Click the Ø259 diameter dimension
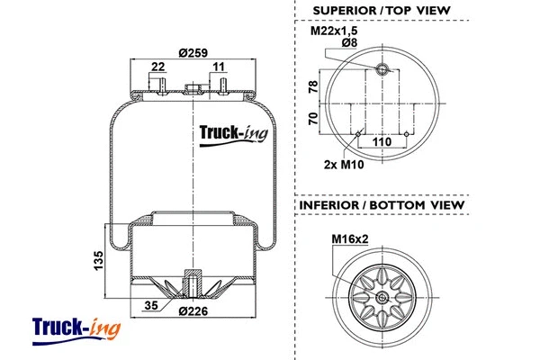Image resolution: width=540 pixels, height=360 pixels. tap(193, 52)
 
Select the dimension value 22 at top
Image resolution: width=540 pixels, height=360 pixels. tap(158, 67)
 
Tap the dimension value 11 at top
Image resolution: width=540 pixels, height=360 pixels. tap(219, 67)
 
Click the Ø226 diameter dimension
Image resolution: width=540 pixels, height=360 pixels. tap(193, 312)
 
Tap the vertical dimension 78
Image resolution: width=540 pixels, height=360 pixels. tap(313, 86)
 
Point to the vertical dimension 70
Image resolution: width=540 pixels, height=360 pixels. tap(313, 120)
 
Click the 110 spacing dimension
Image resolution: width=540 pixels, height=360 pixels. tap(382, 141)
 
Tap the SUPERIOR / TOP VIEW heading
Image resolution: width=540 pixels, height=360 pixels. tap(381, 11)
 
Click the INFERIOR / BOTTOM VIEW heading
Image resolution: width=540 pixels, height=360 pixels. tap(381, 205)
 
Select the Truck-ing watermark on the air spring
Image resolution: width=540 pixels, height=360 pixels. tap(230, 135)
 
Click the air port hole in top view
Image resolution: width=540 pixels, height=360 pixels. tap(382, 70)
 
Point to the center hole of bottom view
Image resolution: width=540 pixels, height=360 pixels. tap(382, 299)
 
